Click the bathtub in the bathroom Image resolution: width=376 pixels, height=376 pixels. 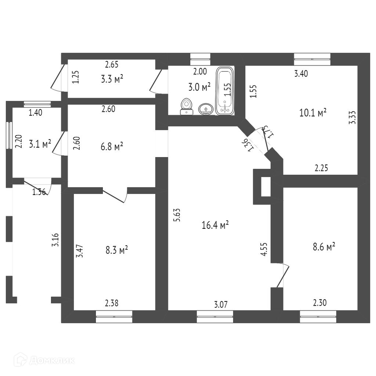point(224,91)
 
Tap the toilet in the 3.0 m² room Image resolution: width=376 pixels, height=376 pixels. point(187,106)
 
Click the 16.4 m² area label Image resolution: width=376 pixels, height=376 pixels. point(215,225)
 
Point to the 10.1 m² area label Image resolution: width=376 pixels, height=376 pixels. point(313,112)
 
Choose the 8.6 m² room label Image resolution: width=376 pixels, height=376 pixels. point(324,247)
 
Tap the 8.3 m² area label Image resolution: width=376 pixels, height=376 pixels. point(117,250)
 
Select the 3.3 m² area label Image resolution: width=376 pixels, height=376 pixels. point(112,79)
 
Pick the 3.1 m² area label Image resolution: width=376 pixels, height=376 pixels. point(41,144)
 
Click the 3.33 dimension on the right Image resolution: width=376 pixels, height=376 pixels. point(352,118)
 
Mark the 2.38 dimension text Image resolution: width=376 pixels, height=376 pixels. point(112,304)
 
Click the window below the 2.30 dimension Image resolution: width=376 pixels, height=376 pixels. point(318,317)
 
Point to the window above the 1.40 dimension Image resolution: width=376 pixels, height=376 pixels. point(37,104)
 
